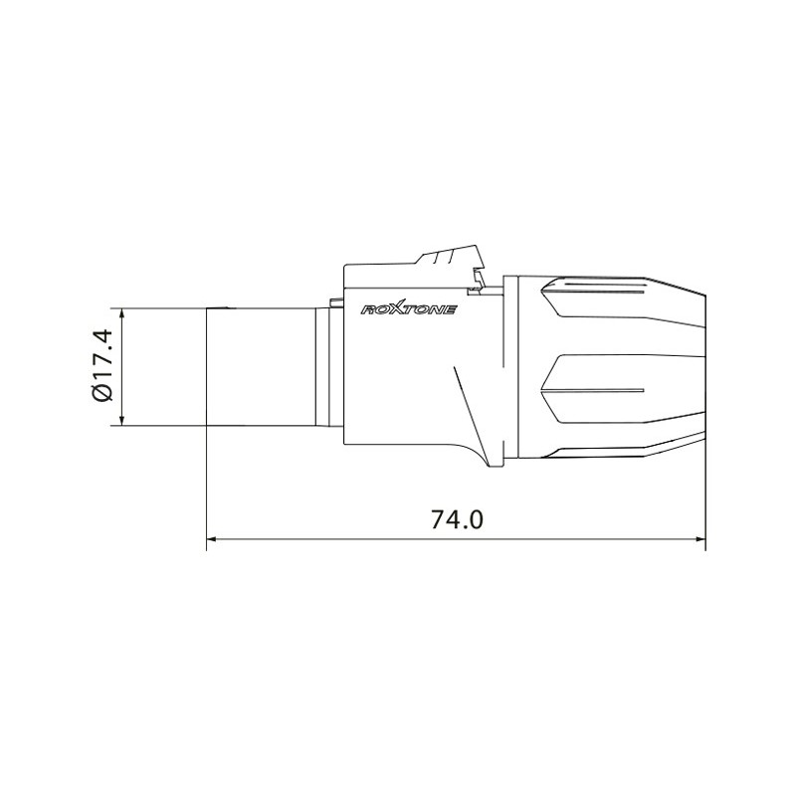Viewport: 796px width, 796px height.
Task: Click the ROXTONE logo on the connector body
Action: tap(407, 310)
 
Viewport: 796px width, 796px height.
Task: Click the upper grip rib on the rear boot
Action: tap(597, 291)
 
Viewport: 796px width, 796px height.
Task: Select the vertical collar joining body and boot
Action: tap(509, 368)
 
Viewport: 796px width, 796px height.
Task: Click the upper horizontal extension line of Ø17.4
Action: tap(159, 308)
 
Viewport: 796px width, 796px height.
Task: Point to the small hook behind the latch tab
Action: tap(482, 284)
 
